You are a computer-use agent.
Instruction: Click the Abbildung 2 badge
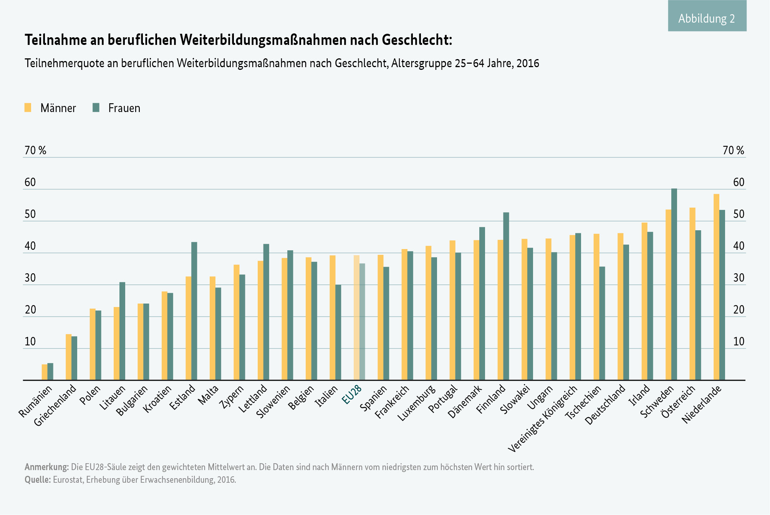pos(707,18)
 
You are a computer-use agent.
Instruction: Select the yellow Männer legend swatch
pos(28,107)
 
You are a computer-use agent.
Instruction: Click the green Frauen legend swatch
pos(96,107)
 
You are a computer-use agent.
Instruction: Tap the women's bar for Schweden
pos(674,284)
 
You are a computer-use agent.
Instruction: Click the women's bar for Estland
pos(194,311)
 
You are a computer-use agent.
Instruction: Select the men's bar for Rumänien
pos(45,372)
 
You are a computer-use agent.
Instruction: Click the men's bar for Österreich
pos(692,294)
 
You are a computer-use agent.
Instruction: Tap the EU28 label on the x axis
pos(352,395)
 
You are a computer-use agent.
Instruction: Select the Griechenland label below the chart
pos(56,405)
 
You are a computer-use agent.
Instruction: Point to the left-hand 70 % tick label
pos(35,150)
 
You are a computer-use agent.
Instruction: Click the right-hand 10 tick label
pos(739,342)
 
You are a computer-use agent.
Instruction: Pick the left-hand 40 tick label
pos(30,246)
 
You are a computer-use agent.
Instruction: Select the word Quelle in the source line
pos(38,480)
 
